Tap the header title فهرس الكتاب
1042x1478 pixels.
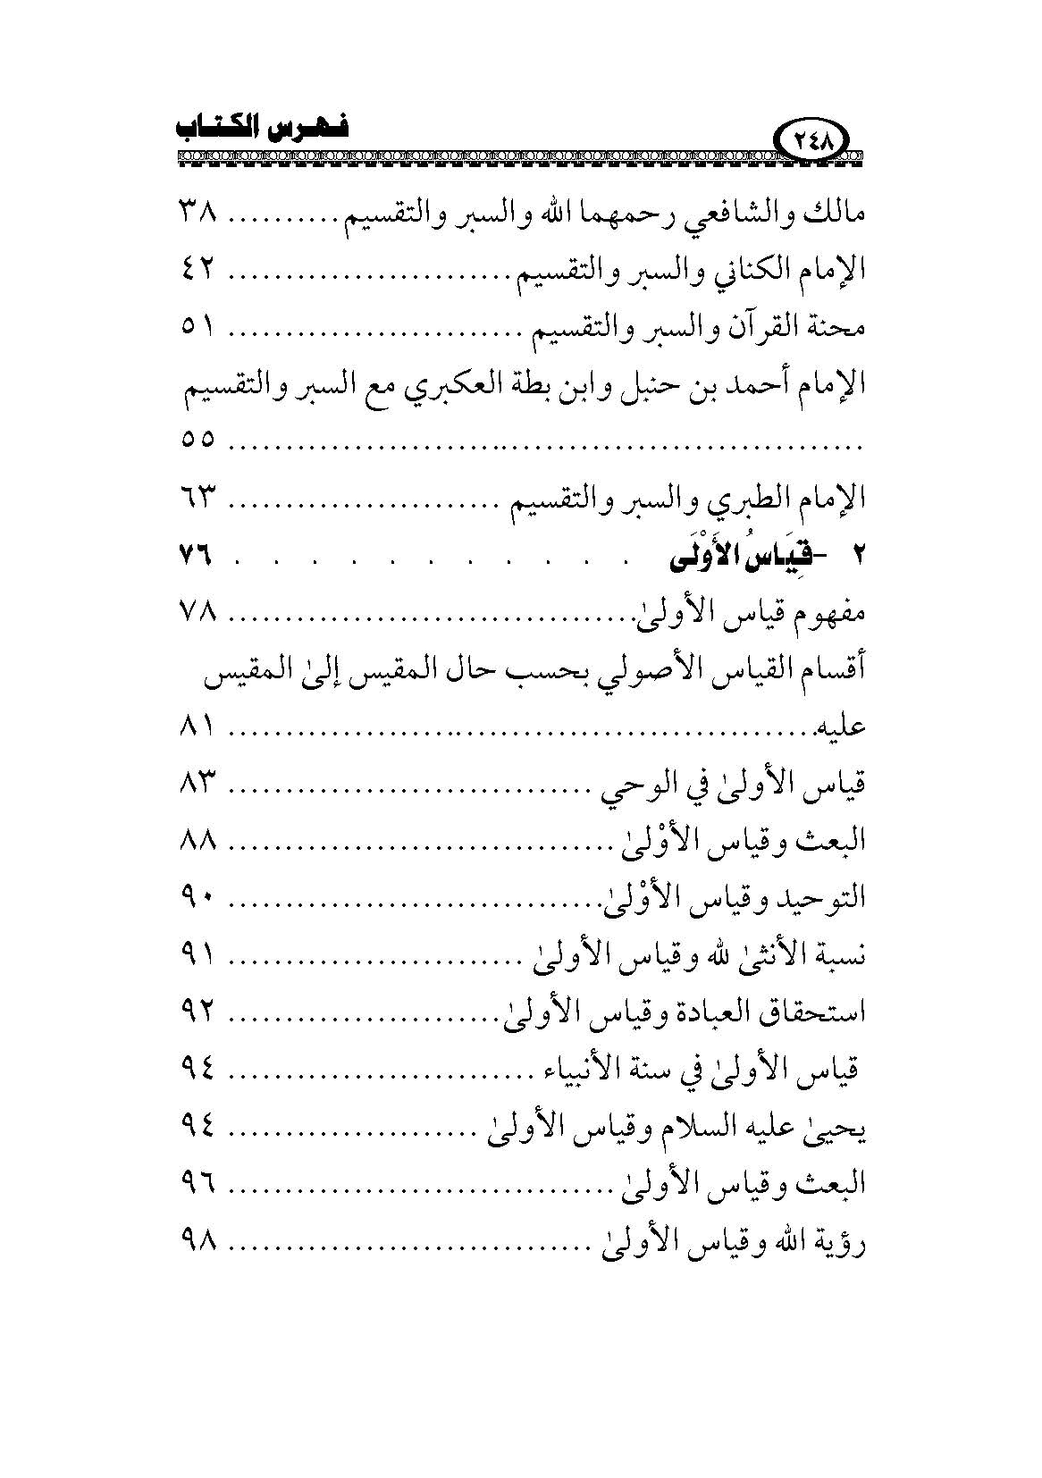click(260, 128)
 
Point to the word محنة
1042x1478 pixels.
click(841, 329)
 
